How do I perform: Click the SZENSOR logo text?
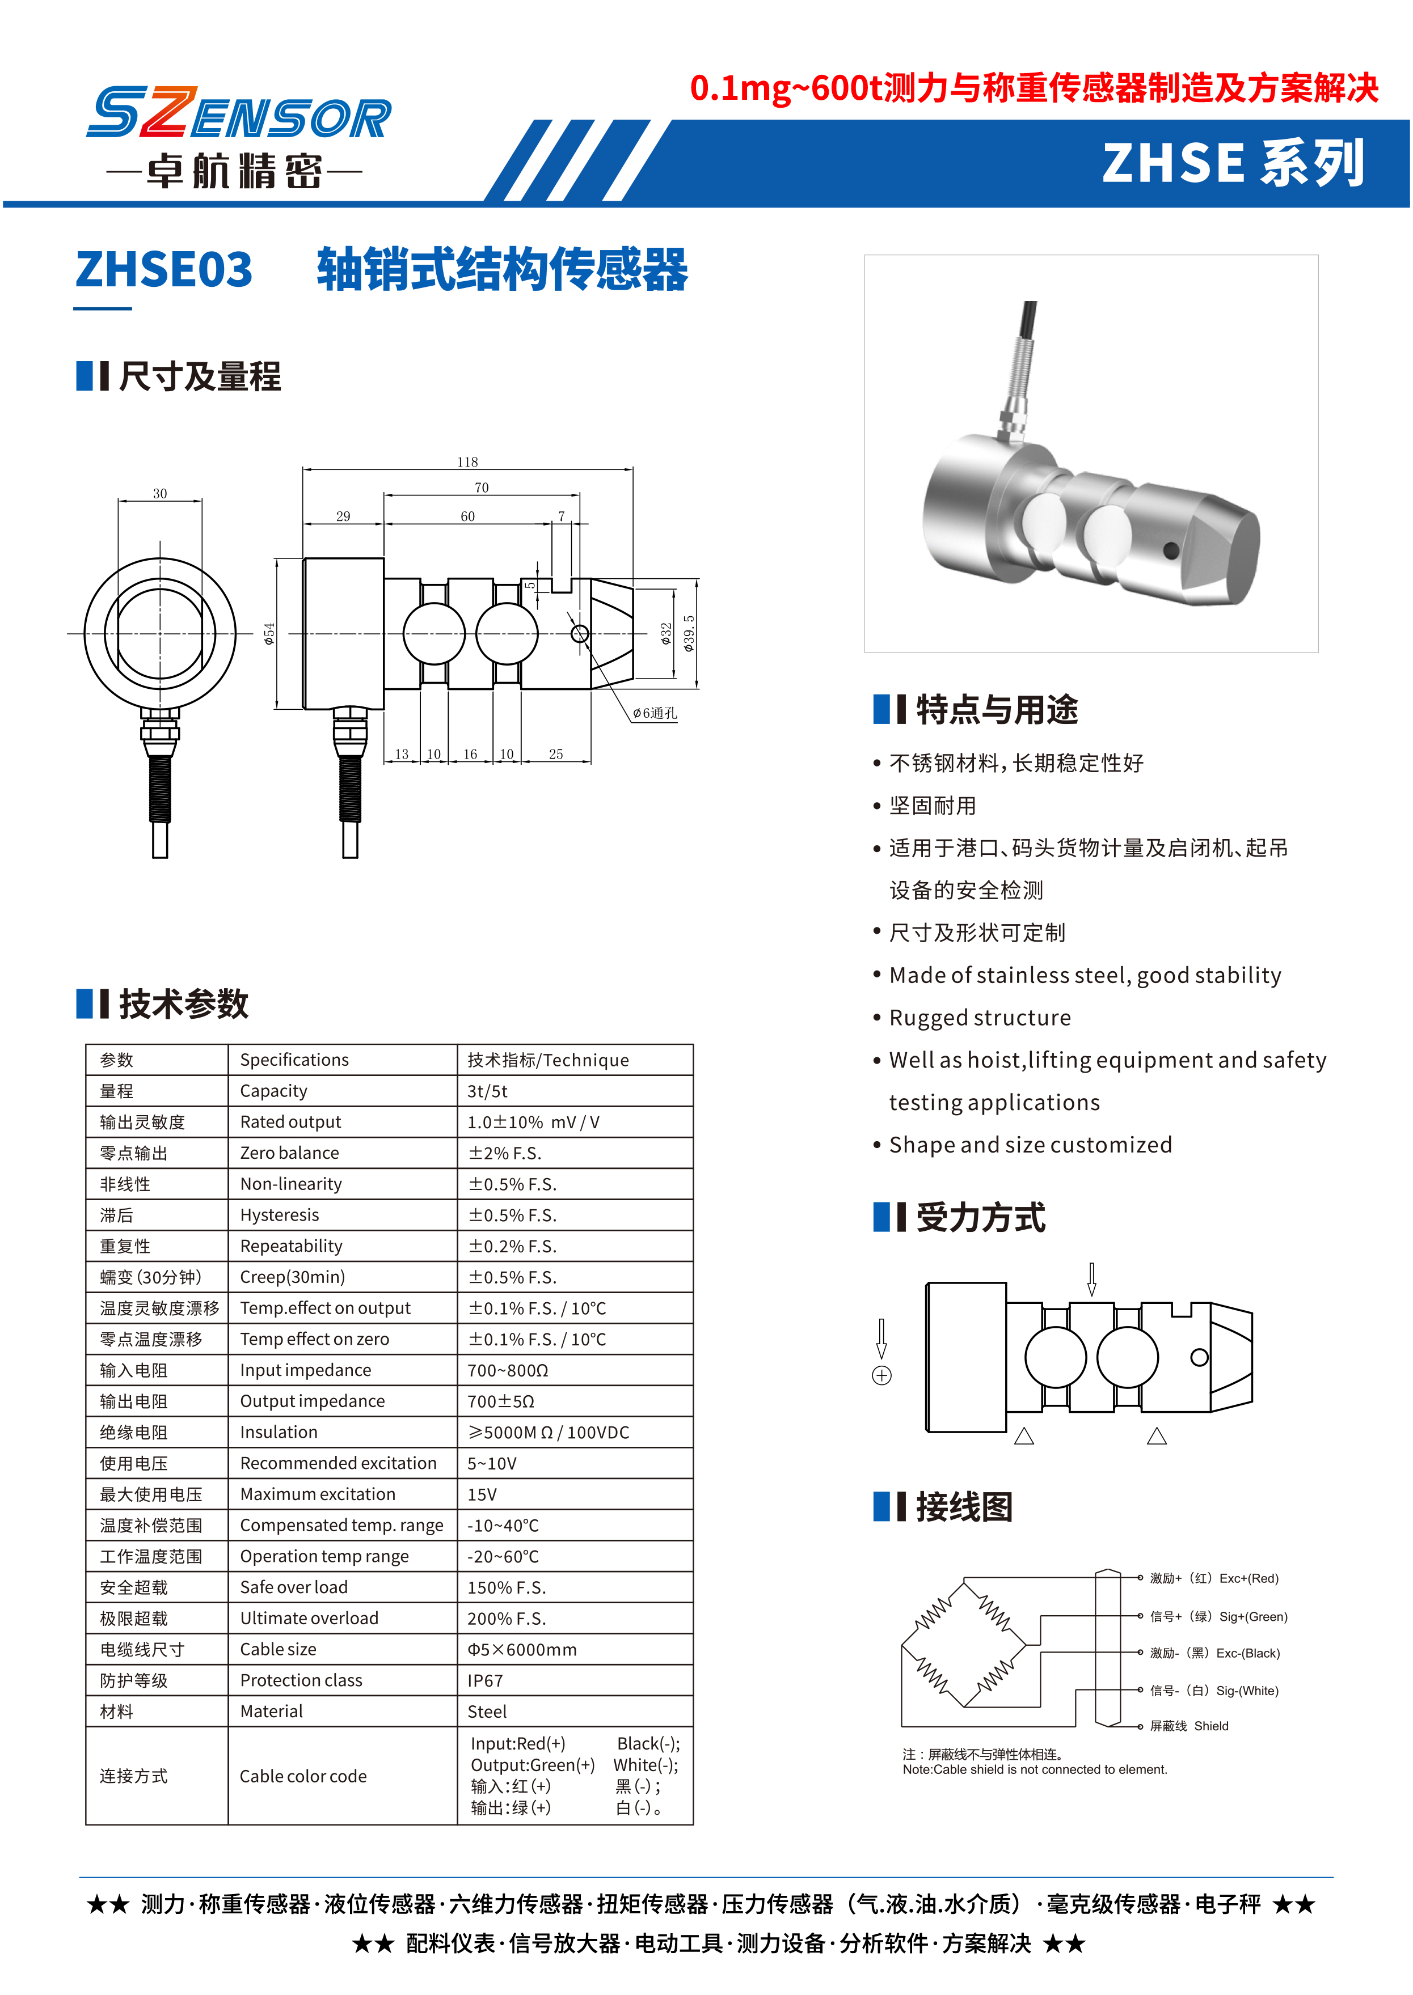coord(239,114)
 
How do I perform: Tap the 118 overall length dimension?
coord(467,462)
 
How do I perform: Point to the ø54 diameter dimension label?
coord(269,633)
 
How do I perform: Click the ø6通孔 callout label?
coord(654,713)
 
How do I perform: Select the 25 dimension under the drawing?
coord(556,754)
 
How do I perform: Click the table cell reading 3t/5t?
coord(487,1091)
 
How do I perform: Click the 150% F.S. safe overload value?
coord(507,1588)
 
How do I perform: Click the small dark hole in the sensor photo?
coord(1170,549)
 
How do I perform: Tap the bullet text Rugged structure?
coord(980,1018)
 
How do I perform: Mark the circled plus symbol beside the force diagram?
coord(881,1375)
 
